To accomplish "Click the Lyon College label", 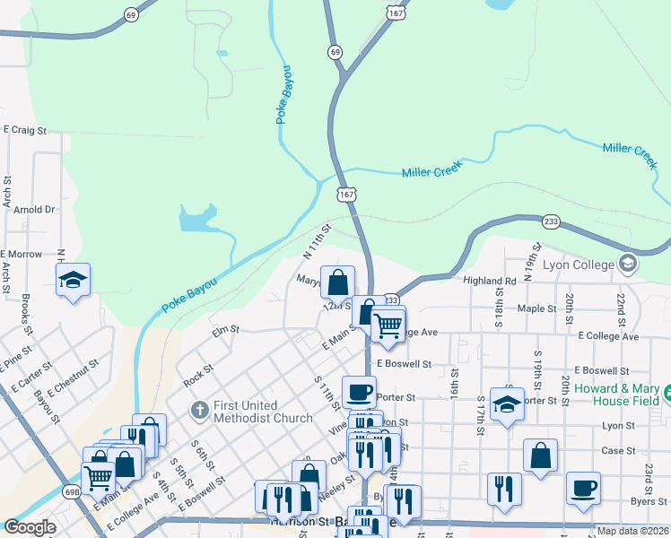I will click(x=577, y=264).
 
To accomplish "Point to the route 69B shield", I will click(x=73, y=491).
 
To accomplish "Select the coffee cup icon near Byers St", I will click(x=583, y=488).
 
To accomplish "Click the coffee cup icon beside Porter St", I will click(x=359, y=392).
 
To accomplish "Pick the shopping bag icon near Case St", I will click(x=540, y=456).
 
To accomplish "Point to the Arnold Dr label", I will click(x=34, y=210).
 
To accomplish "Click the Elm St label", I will click(x=225, y=330).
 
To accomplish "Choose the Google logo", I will click(x=30, y=527).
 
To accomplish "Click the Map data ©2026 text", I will click(x=632, y=531).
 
